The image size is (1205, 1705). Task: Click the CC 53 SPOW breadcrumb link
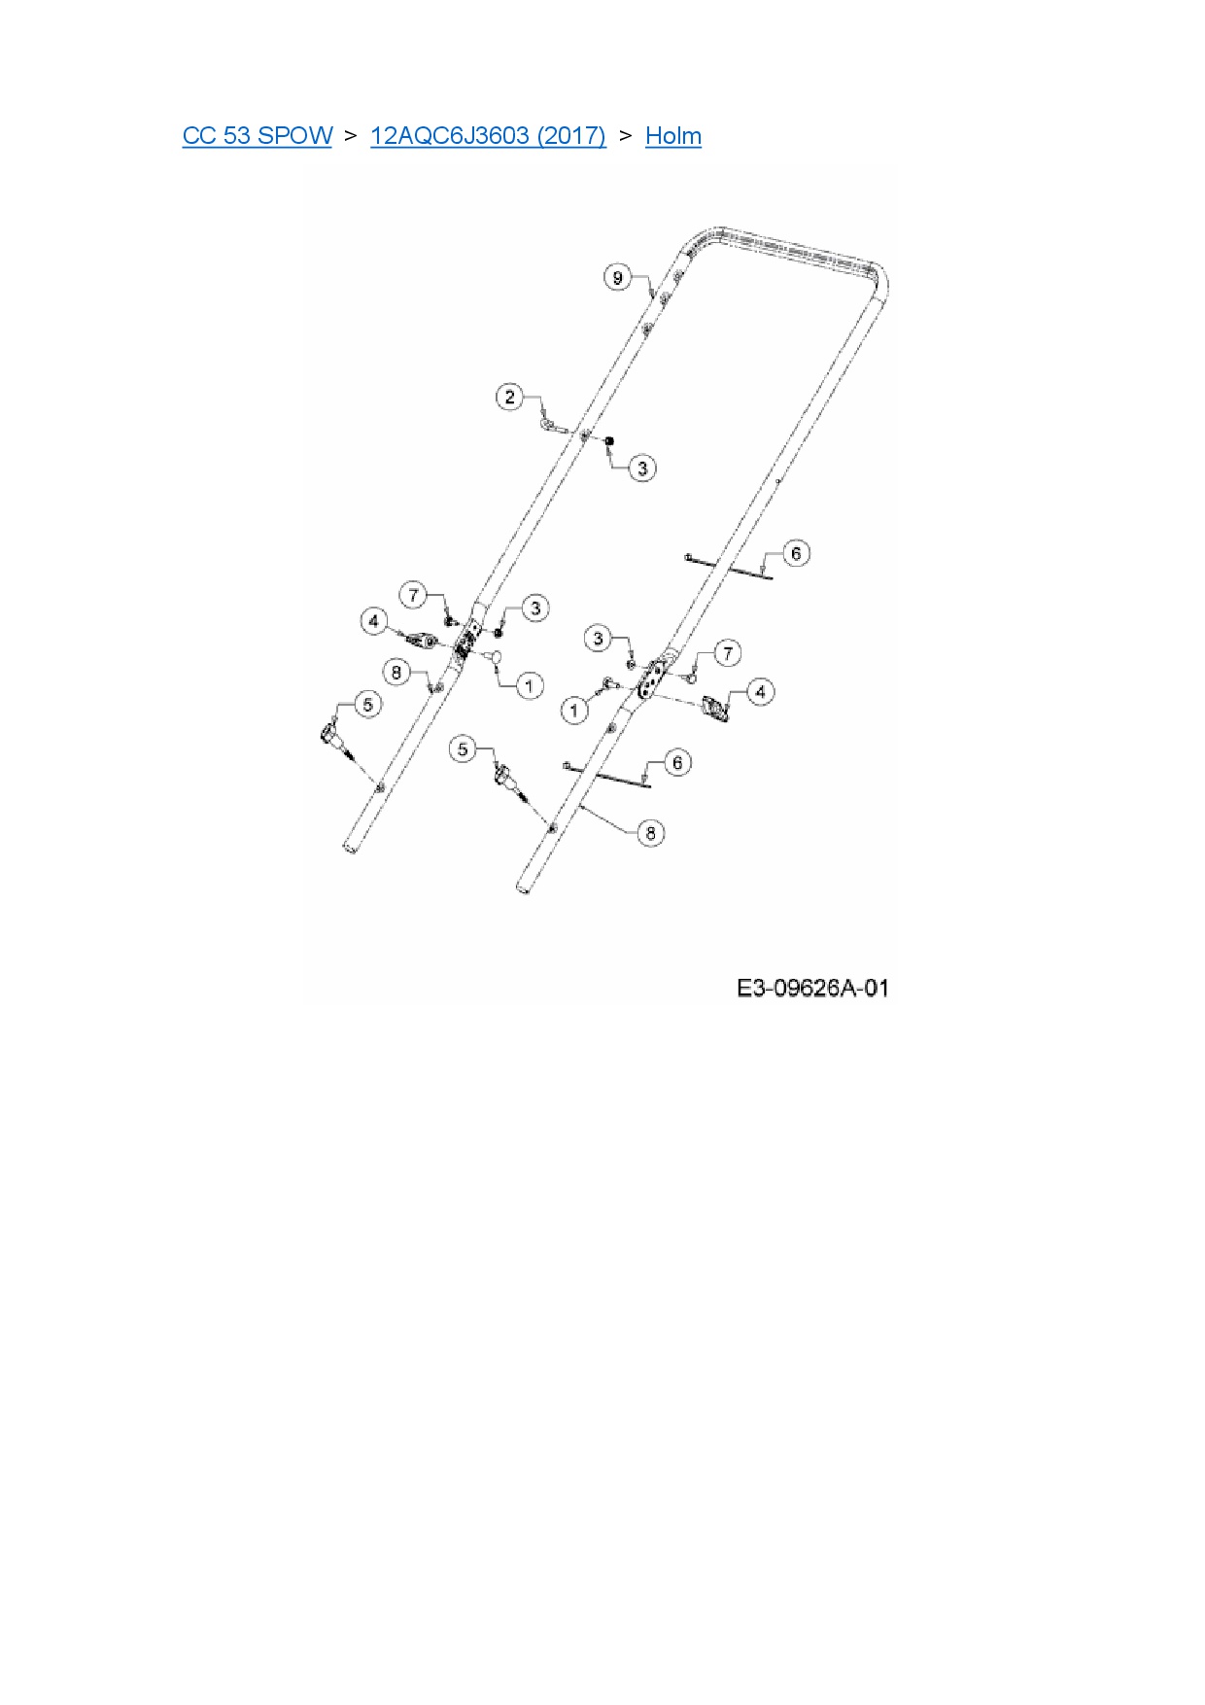click(x=257, y=135)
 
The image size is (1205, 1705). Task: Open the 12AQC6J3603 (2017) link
click(x=488, y=135)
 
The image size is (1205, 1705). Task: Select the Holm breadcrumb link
click(x=672, y=135)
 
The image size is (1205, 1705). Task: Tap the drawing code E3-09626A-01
click(x=812, y=989)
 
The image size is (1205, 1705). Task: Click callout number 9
click(x=617, y=277)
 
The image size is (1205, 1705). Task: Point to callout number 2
click(x=510, y=397)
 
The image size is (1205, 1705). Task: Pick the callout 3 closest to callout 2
click(x=641, y=468)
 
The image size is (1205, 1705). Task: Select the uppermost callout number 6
click(x=796, y=553)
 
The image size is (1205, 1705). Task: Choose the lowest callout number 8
click(x=650, y=832)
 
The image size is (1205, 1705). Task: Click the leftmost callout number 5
click(x=366, y=704)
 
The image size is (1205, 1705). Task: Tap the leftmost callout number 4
click(x=374, y=620)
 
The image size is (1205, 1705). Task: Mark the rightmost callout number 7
click(x=727, y=652)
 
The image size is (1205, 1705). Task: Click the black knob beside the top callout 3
click(x=609, y=443)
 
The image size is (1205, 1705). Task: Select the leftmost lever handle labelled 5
click(x=330, y=734)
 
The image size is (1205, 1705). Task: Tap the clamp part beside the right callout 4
click(x=717, y=709)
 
